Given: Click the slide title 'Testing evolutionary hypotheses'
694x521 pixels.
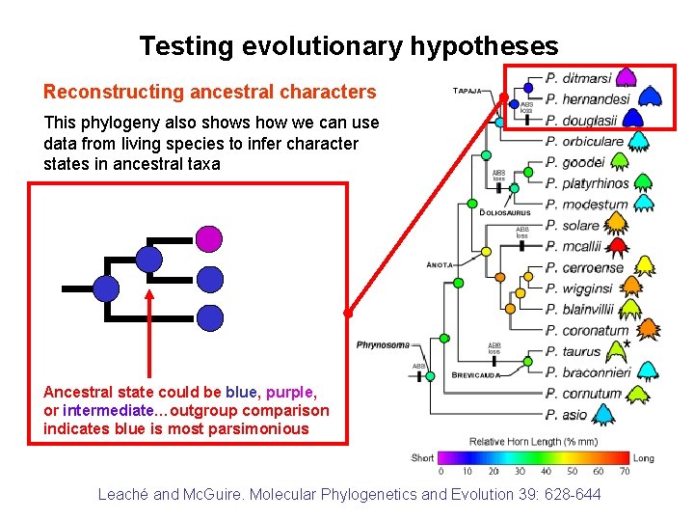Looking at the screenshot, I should [x=348, y=45].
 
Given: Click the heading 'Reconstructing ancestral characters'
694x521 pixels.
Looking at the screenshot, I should [x=209, y=93].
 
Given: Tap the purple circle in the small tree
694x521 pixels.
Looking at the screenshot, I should [x=209, y=236].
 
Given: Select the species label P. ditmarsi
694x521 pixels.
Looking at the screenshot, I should [x=578, y=78].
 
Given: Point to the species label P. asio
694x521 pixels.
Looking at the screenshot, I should [x=566, y=415].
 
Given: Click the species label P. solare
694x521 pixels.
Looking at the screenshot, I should [x=573, y=225].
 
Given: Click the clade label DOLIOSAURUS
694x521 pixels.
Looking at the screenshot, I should [x=505, y=212].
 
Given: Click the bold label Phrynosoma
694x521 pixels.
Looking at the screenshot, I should [x=383, y=344].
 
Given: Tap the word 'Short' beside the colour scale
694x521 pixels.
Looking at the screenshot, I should [x=422, y=458].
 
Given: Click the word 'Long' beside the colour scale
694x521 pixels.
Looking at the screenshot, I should [x=643, y=458].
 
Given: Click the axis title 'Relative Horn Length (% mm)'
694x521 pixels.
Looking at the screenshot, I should [x=532, y=442].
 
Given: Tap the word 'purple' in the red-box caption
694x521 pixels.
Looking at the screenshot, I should [x=289, y=393].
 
